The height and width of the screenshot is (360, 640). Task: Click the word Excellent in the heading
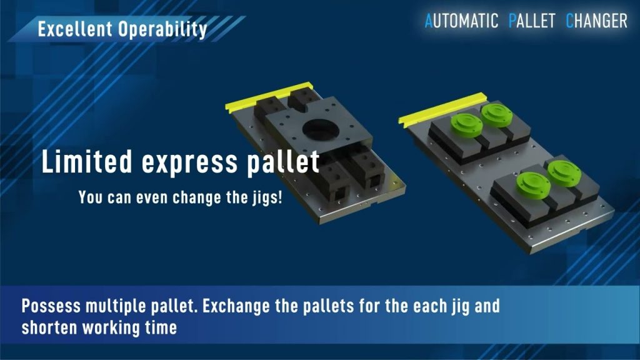coord(75,29)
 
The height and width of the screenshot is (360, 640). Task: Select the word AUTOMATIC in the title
coord(461,21)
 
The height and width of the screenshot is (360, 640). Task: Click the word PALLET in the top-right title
coord(532,21)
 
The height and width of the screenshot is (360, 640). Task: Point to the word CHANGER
coord(596,21)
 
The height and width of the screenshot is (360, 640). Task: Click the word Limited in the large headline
coord(87,161)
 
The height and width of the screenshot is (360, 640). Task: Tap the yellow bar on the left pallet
coord(269,97)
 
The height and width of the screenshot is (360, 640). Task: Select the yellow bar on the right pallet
coord(443,109)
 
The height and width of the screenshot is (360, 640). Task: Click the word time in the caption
coord(161,327)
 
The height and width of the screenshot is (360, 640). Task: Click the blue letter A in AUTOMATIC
coord(429,21)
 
